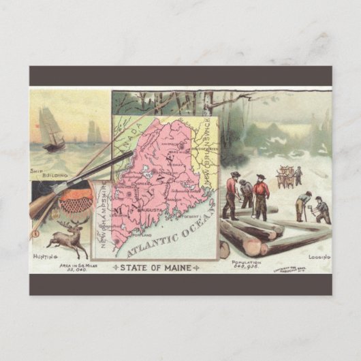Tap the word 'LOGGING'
pos(319,257)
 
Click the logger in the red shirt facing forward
pos(261,196)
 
